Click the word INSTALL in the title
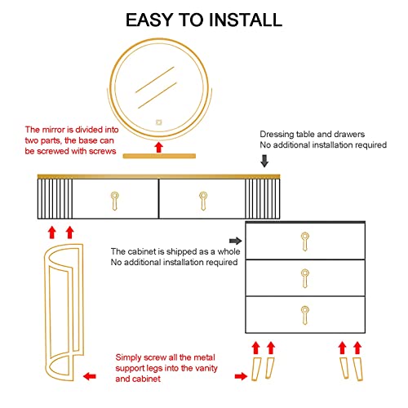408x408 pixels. point(246,20)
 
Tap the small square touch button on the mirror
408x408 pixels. point(159,122)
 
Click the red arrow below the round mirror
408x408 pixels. point(159,147)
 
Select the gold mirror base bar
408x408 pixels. point(159,156)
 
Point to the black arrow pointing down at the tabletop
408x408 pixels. point(264,161)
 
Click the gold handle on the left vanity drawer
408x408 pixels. point(114,201)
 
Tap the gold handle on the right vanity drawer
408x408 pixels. point(203,201)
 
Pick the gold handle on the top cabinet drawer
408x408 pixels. point(305,242)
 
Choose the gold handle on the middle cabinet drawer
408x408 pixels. point(305,278)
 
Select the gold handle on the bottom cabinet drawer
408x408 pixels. point(305,315)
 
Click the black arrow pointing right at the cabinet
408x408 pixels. point(235,241)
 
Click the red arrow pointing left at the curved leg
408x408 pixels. point(90,376)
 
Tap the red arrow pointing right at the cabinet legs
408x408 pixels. point(241,376)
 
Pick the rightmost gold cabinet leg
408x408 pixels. point(358,369)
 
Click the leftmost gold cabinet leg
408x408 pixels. point(256,369)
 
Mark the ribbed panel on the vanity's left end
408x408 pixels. point(55,198)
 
